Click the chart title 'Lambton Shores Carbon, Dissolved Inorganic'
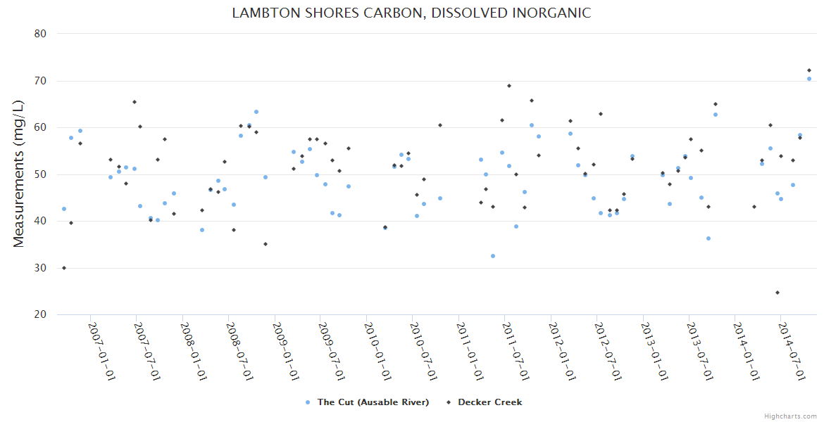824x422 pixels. (411, 13)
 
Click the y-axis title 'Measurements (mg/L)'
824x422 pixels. (19, 173)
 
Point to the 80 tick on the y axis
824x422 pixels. (40, 34)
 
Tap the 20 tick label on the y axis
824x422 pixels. (40, 314)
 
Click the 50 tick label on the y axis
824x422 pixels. (40, 174)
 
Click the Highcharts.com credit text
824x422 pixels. (791, 416)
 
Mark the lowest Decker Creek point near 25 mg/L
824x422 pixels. (778, 293)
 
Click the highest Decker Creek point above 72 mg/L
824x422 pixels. (809, 70)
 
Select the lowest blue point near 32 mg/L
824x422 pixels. (493, 256)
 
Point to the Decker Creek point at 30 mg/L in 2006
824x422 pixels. (64, 268)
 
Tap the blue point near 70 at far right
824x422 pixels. (809, 79)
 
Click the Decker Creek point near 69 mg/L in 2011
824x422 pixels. (509, 86)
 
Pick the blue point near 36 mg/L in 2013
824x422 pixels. (708, 238)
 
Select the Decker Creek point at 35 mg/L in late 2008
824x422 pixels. (266, 244)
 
